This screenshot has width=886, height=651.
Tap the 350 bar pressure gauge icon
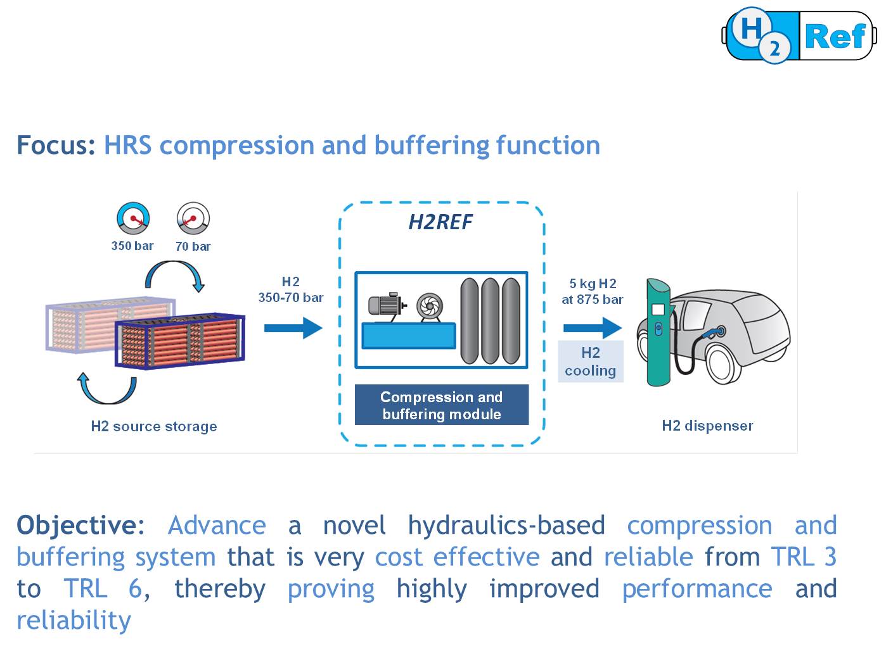tap(133, 218)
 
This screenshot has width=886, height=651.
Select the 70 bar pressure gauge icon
tap(193, 218)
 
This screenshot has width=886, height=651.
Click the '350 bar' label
tap(132, 246)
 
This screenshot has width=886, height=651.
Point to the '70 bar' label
tap(193, 246)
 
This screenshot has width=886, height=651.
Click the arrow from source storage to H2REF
tap(293, 327)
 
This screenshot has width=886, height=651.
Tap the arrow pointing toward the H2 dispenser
tap(592, 327)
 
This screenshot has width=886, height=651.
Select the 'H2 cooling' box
tap(590, 362)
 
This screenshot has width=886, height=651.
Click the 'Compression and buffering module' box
tap(441, 405)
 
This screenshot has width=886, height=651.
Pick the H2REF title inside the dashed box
tap(440, 222)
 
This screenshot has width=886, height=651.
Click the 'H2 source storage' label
tap(154, 426)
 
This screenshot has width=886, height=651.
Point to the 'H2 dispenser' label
tap(707, 426)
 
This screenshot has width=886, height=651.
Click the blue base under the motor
tap(408, 335)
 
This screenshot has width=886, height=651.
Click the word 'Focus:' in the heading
tap(56, 145)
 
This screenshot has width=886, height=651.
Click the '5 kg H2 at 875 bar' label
tap(592, 291)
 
